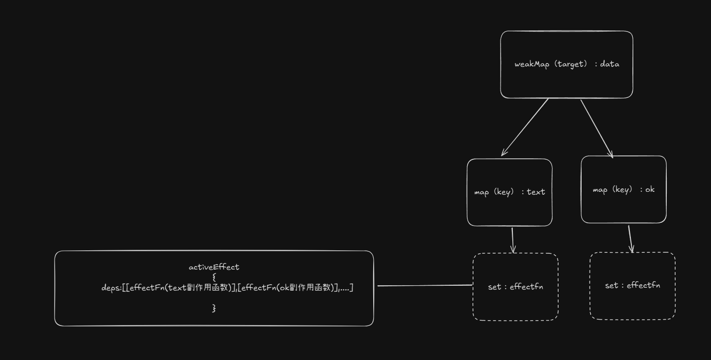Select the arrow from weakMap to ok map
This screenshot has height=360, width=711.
click(596, 128)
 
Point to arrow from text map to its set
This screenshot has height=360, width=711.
click(512, 240)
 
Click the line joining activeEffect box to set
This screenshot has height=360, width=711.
click(424, 286)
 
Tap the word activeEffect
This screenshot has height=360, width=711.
click(214, 268)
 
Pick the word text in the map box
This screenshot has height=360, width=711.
click(536, 192)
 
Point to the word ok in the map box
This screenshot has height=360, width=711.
click(650, 190)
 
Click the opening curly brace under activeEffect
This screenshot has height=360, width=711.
click(214, 277)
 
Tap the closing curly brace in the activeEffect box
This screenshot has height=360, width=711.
click(214, 308)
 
